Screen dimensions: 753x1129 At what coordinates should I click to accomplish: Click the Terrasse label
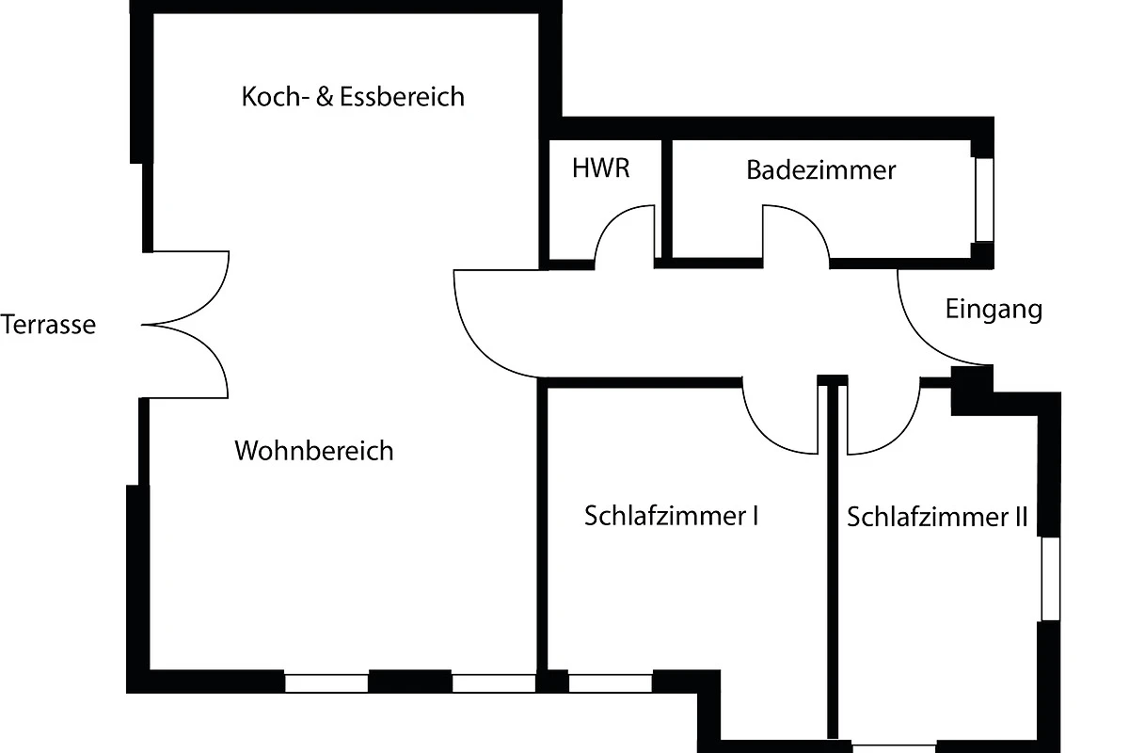tap(49, 326)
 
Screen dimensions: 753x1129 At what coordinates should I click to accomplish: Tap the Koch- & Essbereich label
tap(353, 97)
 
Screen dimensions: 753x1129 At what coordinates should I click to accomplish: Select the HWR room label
tap(600, 169)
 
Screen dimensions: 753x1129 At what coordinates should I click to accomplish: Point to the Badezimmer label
tap(820, 170)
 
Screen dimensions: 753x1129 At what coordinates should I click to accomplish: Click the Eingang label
tap(994, 310)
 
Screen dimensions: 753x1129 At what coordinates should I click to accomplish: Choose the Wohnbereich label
tap(313, 451)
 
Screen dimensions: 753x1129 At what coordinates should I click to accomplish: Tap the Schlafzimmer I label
tap(672, 516)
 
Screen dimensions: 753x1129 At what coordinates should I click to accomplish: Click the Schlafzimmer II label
tap(937, 518)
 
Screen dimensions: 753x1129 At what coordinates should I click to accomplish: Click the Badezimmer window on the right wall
tap(984, 200)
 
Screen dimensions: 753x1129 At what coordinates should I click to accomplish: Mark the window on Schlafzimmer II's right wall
tap(1050, 578)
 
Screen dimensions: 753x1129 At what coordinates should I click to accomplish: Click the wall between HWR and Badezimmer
tap(666, 200)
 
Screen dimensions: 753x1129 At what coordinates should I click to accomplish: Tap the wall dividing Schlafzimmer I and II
tap(833, 565)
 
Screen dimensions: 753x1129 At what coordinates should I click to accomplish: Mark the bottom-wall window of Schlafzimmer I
tap(611, 683)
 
